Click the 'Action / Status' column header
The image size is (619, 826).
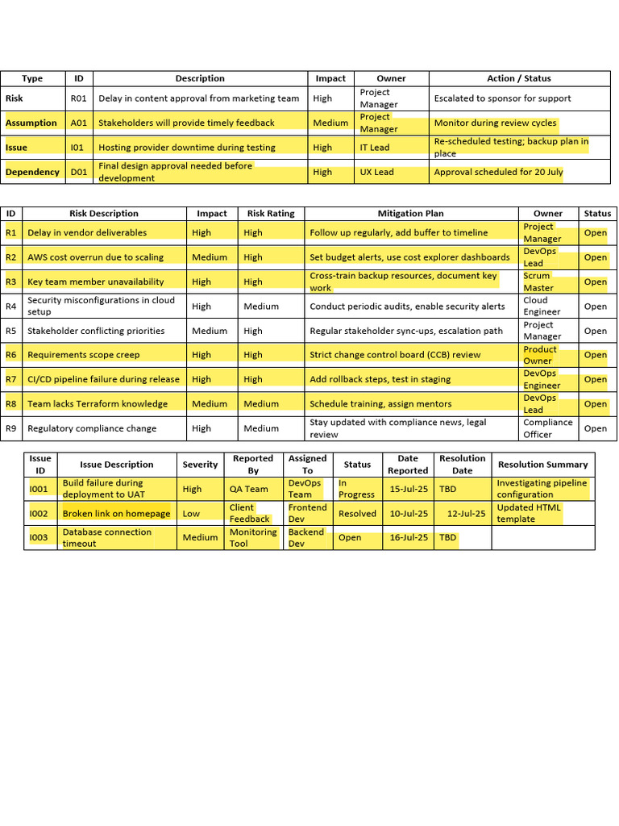coord(519,78)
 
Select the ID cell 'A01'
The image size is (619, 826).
coord(79,123)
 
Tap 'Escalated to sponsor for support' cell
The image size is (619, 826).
coord(502,98)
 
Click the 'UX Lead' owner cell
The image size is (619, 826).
coord(377,172)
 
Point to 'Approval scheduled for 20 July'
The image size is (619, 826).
coord(498,172)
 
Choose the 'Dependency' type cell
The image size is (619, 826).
coord(32,172)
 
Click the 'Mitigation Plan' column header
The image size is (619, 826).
coord(411,214)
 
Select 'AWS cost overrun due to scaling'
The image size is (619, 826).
coord(95,257)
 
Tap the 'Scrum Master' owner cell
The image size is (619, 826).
coord(538,282)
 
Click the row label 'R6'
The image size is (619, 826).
coord(11,355)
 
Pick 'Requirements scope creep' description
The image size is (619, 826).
coord(84,355)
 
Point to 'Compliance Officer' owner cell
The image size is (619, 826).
coord(548,428)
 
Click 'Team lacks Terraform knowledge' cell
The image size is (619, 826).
coord(98,404)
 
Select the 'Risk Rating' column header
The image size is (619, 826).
coord(271,214)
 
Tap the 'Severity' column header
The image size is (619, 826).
coord(200,465)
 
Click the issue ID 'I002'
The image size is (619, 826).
coord(39,514)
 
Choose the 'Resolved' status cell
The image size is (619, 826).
coord(357,514)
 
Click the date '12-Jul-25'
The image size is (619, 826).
coord(466,514)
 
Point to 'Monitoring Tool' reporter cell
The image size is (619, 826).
coord(253,538)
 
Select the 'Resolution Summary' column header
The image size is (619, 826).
coord(542,465)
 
